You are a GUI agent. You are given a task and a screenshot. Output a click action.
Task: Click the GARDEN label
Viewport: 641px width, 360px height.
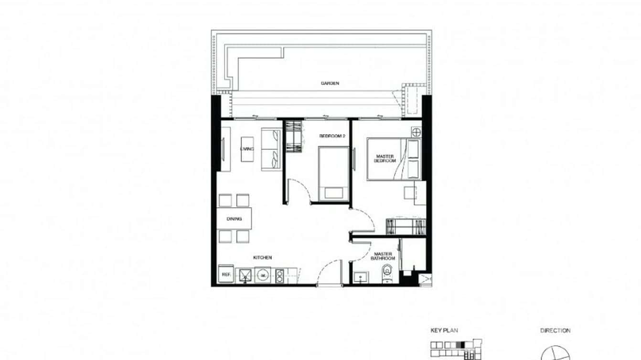point(330,83)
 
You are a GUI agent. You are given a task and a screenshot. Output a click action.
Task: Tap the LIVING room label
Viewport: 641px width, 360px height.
point(247,149)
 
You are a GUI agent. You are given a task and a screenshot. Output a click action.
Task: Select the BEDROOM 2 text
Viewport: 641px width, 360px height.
point(332,136)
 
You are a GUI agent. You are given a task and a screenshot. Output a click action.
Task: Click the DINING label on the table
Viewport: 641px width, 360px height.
point(234,219)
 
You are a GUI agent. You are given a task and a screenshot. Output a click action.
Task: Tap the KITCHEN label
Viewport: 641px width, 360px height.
point(262,258)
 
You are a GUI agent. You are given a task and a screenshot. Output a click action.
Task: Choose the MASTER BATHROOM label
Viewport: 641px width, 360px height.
point(383,256)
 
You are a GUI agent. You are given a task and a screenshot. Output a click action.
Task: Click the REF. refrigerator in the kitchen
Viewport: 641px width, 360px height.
point(225,275)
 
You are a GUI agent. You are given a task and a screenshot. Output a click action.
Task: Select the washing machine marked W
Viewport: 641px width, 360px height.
point(262,275)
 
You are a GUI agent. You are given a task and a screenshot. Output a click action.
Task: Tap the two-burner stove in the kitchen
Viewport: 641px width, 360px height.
point(279,275)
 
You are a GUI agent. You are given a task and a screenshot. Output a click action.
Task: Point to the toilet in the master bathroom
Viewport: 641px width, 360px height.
point(387,274)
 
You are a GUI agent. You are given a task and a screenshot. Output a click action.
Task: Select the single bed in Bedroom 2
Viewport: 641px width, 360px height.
point(334,173)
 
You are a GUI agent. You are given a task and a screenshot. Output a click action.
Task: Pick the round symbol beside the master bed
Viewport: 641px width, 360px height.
point(416,132)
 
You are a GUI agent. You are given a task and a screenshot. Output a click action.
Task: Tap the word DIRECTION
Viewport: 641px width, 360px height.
point(555,330)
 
